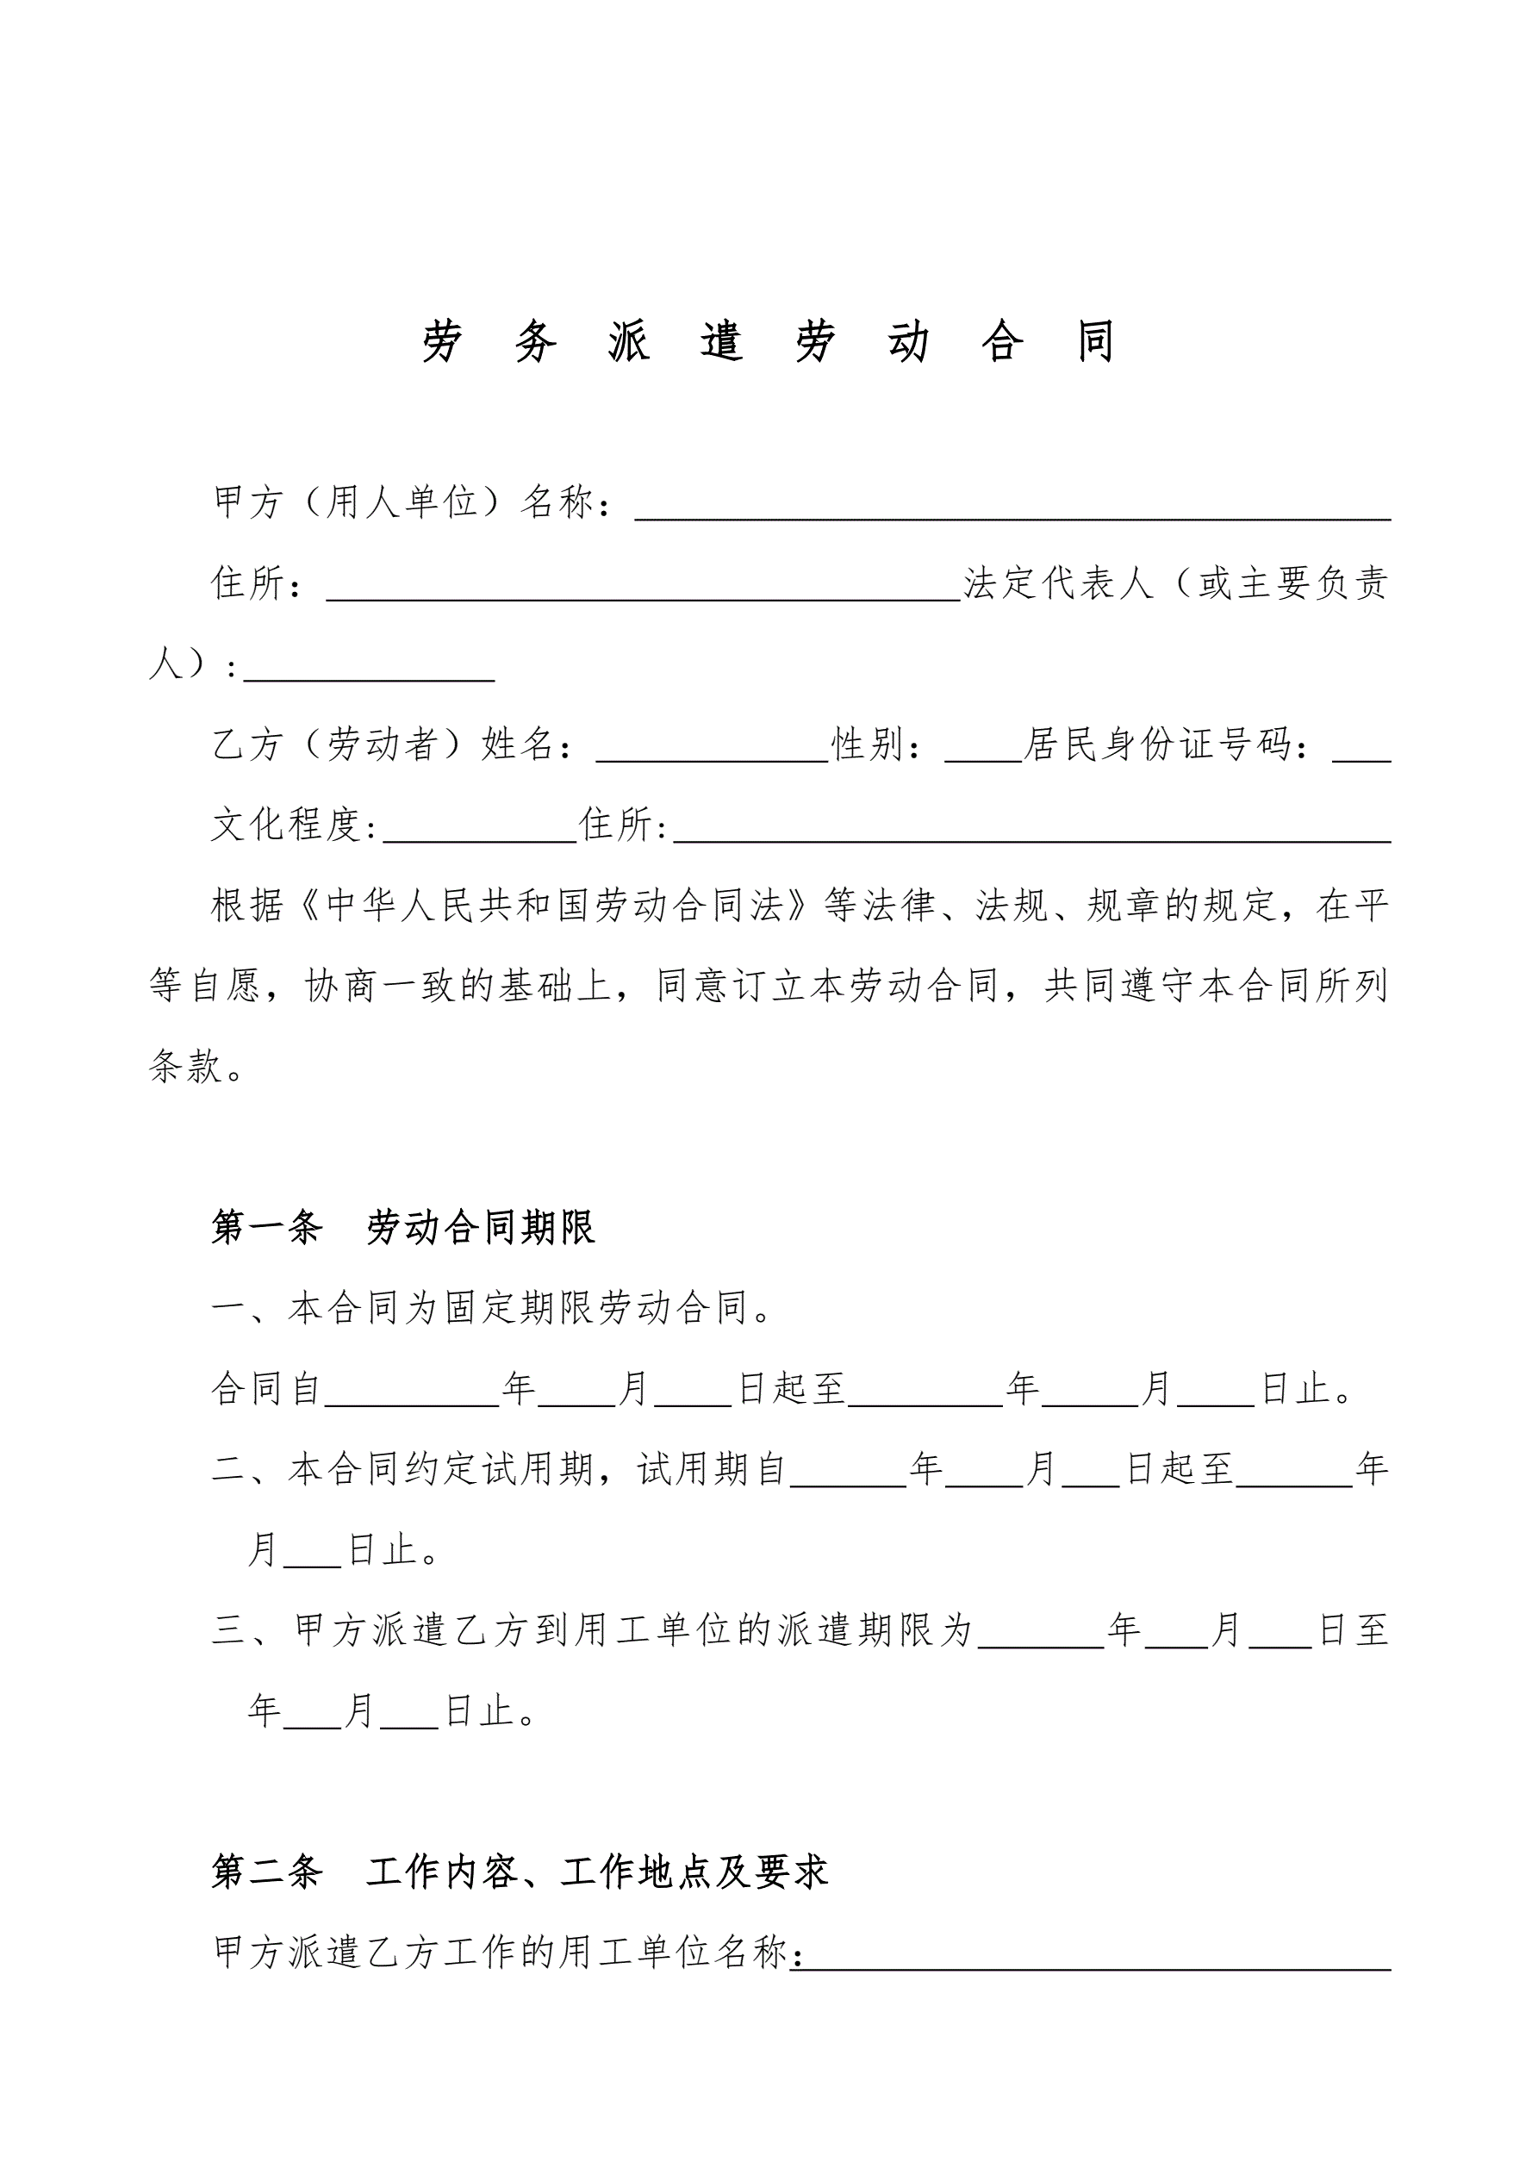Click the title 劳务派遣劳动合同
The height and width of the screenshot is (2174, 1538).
(768, 342)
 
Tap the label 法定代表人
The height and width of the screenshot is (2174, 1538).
(1058, 583)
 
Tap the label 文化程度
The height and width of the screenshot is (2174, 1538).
(287, 825)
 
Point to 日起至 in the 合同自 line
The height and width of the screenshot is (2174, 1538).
(791, 1389)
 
